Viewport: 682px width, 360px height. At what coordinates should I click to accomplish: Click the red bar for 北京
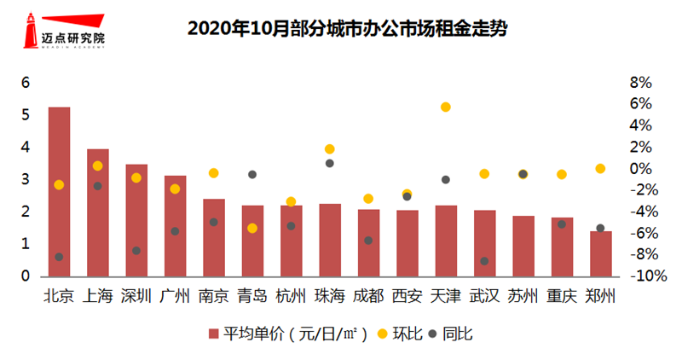(59, 192)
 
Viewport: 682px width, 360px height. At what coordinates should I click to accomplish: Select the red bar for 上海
(98, 213)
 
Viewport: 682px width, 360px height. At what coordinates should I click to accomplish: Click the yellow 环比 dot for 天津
(445, 107)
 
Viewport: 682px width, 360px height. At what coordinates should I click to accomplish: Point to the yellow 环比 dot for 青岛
(252, 228)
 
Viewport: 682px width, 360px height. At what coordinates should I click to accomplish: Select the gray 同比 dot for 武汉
(484, 261)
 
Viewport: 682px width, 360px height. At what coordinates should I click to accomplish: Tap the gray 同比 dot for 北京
(59, 257)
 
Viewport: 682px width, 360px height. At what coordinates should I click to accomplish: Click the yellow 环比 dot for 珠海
(330, 149)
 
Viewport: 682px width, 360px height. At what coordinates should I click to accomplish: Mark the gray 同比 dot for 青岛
(252, 174)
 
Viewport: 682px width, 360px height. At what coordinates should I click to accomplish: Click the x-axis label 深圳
(136, 297)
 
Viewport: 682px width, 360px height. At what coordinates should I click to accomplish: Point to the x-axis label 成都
(368, 297)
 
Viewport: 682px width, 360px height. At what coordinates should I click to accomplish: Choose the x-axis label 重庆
(562, 297)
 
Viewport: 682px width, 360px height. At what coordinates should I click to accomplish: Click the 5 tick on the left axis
(26, 115)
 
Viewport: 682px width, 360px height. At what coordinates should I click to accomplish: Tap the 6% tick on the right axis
(639, 104)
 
